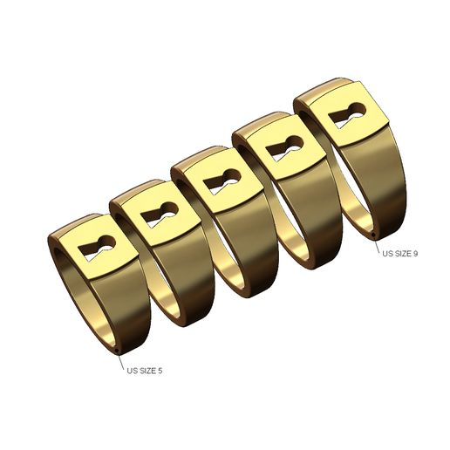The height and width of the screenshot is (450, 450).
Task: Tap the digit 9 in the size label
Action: tap(416, 253)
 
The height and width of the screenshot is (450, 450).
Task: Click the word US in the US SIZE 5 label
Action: tap(133, 371)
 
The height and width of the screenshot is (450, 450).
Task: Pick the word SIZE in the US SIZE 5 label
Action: tap(147, 371)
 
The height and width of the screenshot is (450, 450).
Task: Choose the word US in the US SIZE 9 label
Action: tap(386, 253)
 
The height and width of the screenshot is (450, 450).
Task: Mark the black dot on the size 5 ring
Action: tap(118, 352)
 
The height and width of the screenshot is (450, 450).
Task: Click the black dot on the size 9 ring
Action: tap(373, 235)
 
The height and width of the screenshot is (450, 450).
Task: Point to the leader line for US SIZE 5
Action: tap(120, 361)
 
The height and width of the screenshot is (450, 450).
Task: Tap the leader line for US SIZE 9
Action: tap(376, 243)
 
